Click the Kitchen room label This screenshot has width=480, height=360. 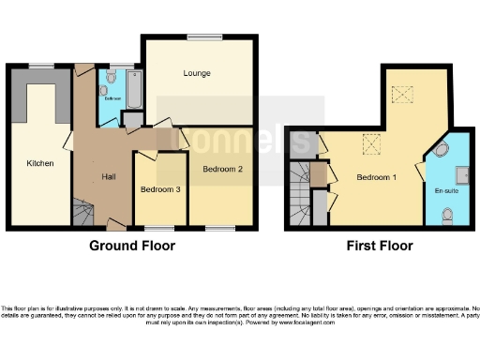coord(39,163)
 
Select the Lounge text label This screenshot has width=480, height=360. coord(196,73)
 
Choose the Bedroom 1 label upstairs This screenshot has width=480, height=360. coord(377,177)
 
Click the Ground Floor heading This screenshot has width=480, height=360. coord(131,247)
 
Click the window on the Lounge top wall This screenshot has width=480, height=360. coord(202,37)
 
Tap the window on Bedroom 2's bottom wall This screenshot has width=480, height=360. coord(221,228)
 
